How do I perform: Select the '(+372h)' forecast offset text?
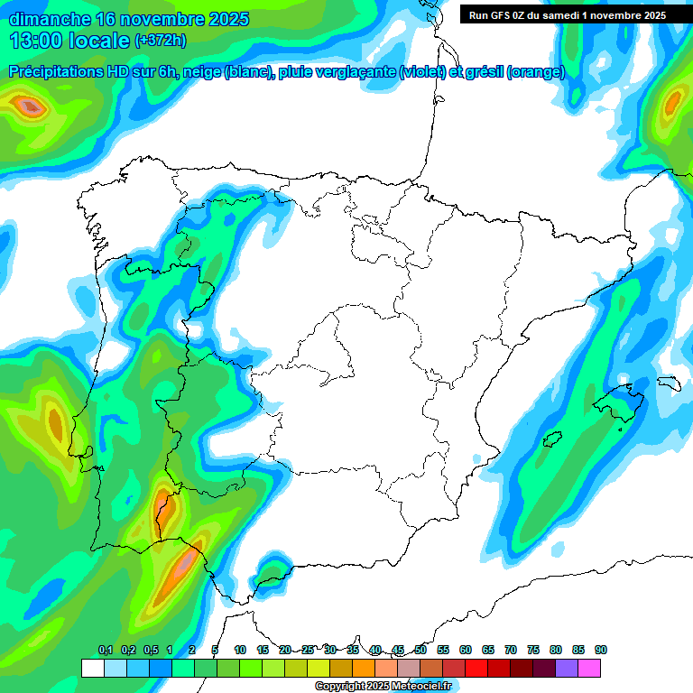click(x=161, y=41)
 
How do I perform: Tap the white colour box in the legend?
click(x=92, y=669)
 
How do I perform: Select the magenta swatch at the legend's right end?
click(x=589, y=669)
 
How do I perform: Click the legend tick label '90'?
click(x=601, y=650)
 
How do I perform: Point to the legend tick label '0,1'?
click(x=106, y=650)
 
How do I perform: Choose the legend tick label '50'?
click(x=420, y=650)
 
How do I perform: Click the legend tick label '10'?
click(x=240, y=650)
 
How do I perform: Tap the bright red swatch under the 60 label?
click(x=476, y=669)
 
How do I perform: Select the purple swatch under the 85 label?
click(x=567, y=669)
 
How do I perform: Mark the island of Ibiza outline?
click(x=551, y=440)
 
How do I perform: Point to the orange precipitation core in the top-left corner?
click(x=31, y=107)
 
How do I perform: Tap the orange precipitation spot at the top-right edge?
click(x=671, y=106)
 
